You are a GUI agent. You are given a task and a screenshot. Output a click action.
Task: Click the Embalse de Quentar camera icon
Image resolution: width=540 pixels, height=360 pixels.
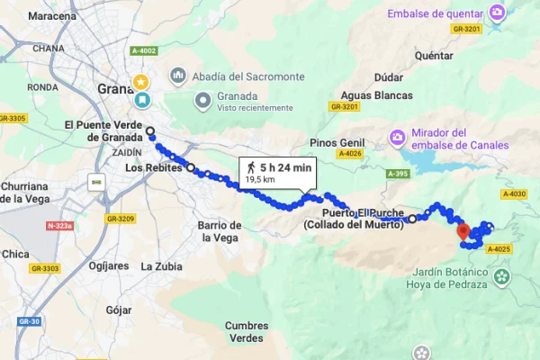pos(498,13)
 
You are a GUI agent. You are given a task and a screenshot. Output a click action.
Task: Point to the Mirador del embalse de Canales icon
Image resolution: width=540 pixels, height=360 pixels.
pos(397,138)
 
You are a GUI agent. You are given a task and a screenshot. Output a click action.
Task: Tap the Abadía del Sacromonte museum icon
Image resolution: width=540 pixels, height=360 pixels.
pos(177,76)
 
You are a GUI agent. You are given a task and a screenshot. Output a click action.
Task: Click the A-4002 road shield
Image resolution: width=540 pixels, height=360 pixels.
pos(143,51)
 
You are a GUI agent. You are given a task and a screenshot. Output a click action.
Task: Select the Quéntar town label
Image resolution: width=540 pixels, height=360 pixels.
pos(434,54)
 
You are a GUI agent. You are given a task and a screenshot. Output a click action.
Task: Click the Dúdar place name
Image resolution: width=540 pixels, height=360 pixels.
pos(378,76)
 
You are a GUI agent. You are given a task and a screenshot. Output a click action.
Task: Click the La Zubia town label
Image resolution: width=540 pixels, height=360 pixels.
pos(162,266)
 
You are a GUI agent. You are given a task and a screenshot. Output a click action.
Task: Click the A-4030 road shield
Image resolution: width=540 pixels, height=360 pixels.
pos(516,193)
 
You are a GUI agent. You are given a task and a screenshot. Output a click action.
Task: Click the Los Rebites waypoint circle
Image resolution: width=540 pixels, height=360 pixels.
pos(190,167)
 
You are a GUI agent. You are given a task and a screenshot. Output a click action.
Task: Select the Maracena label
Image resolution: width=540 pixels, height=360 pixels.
pos(52,16)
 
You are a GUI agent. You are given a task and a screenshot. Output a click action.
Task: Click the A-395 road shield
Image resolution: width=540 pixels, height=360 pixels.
pos(399,174)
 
